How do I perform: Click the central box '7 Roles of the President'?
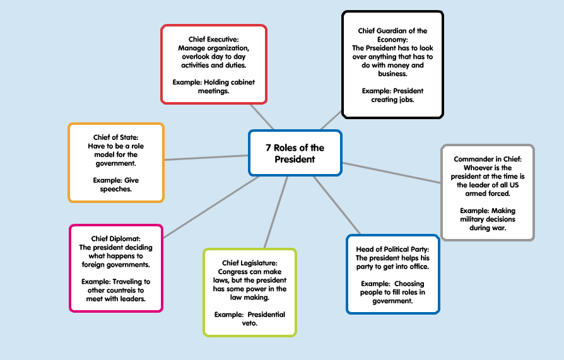click(295, 153)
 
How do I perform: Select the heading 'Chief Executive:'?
click(214, 39)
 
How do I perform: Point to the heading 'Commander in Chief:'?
click(488, 159)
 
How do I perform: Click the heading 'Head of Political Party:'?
click(392, 249)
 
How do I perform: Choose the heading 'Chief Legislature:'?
click(250, 263)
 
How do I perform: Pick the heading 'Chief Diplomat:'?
click(116, 238)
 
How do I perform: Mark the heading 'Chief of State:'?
click(116, 137)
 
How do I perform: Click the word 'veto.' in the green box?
click(250, 323)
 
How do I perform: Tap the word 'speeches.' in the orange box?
click(116, 189)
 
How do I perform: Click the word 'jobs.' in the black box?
click(406, 100)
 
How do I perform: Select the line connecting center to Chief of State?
click(206, 158)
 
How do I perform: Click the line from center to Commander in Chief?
click(392, 173)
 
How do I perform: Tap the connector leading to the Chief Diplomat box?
click(211, 207)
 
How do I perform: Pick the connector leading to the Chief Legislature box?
click(276, 212)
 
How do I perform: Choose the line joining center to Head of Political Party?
click(337, 206)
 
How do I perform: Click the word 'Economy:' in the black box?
click(392, 40)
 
